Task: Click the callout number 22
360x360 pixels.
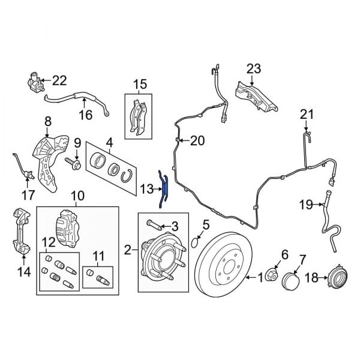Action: coord(60,80)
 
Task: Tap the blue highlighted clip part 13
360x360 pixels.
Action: coord(163,189)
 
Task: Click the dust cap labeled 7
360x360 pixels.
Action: coord(292,281)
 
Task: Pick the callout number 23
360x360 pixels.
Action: coord(254,69)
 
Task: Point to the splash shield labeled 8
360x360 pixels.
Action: coord(50,159)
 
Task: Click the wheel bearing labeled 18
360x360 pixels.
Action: coord(336,278)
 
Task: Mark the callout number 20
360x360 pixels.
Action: coord(197,141)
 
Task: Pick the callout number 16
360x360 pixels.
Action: coord(86,115)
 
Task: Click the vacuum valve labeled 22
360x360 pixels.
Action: coord(36,80)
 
